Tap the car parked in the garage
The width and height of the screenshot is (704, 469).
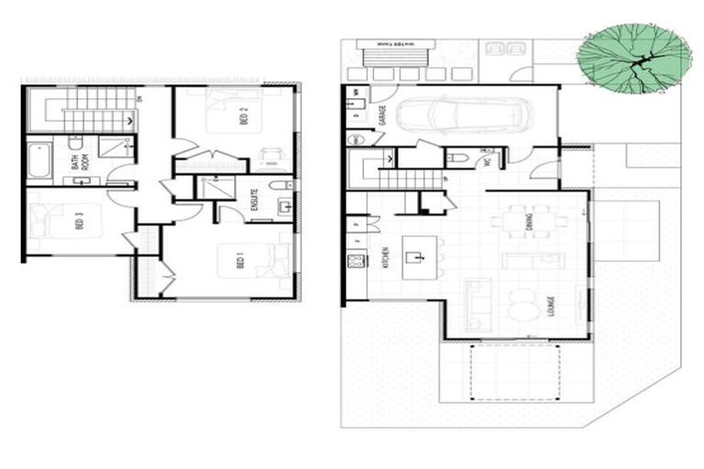pyautogui.click(x=462, y=116)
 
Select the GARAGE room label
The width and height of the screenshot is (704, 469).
pyautogui.click(x=381, y=115)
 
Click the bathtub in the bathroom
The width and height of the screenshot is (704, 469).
pyautogui.click(x=38, y=161)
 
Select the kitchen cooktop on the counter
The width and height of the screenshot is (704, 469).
pyautogui.click(x=354, y=261)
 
